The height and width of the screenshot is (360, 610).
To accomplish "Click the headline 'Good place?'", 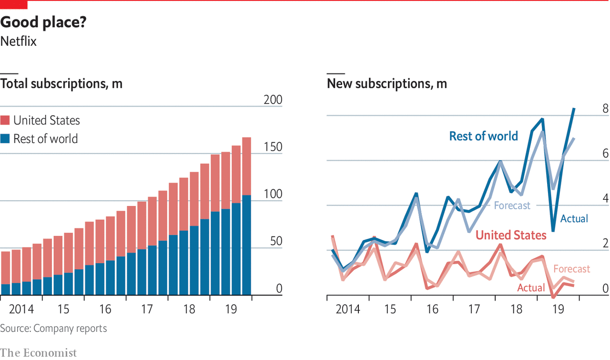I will [x=43, y=22].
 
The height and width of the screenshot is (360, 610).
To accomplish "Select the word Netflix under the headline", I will [x=19, y=41].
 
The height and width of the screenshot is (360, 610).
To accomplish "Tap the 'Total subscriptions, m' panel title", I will [x=61, y=84].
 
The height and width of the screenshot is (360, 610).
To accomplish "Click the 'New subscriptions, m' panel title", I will [x=387, y=84].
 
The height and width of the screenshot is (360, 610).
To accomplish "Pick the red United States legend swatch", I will [x=5, y=121].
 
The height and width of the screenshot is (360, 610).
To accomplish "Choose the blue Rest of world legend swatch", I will [x=5, y=139].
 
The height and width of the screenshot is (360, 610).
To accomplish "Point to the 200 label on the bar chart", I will [x=273, y=100].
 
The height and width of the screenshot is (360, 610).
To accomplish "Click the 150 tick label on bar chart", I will [x=273, y=147].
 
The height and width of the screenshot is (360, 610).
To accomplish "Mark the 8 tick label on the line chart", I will [x=606, y=109].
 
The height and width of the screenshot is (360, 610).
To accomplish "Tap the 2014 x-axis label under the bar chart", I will [x=21, y=309].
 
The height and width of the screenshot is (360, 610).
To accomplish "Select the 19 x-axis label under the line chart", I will [x=558, y=309].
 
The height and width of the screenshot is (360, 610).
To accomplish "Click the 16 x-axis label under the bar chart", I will [x=105, y=309].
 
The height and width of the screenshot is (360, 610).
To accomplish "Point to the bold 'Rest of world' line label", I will [x=483, y=136].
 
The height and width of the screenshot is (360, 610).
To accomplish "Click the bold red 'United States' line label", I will [x=511, y=235].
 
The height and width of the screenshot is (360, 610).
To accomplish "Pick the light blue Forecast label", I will [x=512, y=206].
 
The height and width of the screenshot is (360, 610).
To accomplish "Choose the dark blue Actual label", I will [x=574, y=219].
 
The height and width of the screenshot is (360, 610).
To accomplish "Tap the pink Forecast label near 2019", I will [x=571, y=269].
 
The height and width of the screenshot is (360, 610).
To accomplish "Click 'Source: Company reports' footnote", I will [x=53, y=329].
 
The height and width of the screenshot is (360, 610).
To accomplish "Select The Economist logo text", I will [x=38, y=353].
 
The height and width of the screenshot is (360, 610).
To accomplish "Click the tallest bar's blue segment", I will [x=246, y=245].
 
